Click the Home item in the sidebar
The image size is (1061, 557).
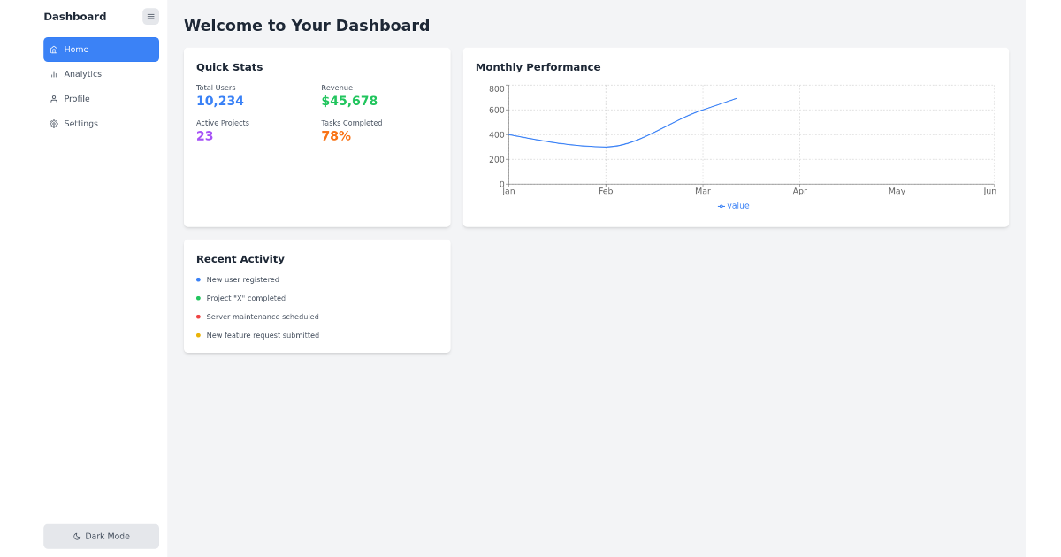(x=101, y=50)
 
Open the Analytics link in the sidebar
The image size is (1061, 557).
(x=82, y=74)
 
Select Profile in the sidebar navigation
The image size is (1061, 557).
(x=77, y=99)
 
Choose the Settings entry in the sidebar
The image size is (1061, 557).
(x=80, y=124)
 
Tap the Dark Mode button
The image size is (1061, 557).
(x=101, y=536)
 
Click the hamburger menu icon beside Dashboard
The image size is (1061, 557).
(x=150, y=16)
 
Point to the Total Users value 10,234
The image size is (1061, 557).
(x=219, y=102)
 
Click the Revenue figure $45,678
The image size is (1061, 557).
(x=349, y=102)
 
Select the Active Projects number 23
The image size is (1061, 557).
(x=204, y=136)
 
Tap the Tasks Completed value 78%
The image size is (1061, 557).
(x=336, y=136)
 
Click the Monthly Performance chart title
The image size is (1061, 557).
(x=538, y=67)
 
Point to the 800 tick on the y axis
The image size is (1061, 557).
(x=496, y=88)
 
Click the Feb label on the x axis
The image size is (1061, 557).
(x=606, y=191)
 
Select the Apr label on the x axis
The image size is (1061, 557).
(x=799, y=191)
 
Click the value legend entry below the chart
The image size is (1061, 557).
(x=734, y=206)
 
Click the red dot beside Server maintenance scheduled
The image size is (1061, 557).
(x=198, y=317)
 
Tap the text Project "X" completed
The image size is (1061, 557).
(x=246, y=298)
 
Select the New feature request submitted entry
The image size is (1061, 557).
(x=263, y=335)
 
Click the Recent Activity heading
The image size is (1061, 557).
(x=240, y=259)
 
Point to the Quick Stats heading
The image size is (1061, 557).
(x=229, y=67)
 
